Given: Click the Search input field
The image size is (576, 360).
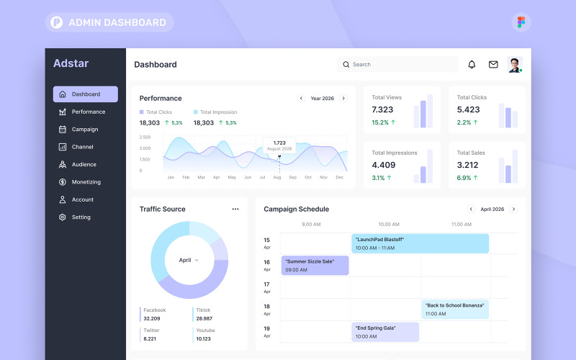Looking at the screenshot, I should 397,65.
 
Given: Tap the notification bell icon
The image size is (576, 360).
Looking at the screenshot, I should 472,65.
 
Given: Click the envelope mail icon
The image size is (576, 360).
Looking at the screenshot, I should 493,65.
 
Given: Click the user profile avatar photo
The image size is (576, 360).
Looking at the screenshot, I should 515,65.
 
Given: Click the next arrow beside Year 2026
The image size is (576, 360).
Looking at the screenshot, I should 343,99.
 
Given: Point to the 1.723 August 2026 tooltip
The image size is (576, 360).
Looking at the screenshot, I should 279,145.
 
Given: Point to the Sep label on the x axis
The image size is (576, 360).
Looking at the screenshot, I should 292,177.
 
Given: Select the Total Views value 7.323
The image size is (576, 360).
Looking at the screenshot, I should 382,109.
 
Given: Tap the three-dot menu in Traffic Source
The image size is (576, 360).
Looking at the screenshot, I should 235,210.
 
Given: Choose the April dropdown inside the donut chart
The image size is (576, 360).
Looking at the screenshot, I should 189,260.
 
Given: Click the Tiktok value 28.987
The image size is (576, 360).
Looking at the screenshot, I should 204,318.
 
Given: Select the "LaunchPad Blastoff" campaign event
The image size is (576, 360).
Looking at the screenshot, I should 420,243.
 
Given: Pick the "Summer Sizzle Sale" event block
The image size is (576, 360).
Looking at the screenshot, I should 315,266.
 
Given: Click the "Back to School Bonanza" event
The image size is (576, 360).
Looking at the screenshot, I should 455,310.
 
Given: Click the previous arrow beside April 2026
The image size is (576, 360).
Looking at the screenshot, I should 471,210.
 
